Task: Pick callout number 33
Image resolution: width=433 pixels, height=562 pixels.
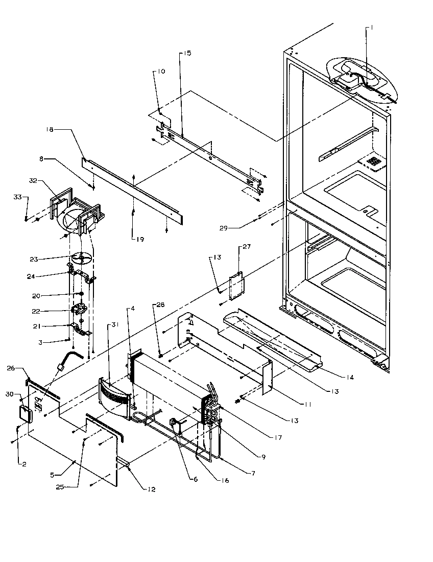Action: [x=17, y=197]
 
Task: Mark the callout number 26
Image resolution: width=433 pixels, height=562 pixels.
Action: [x=11, y=368]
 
